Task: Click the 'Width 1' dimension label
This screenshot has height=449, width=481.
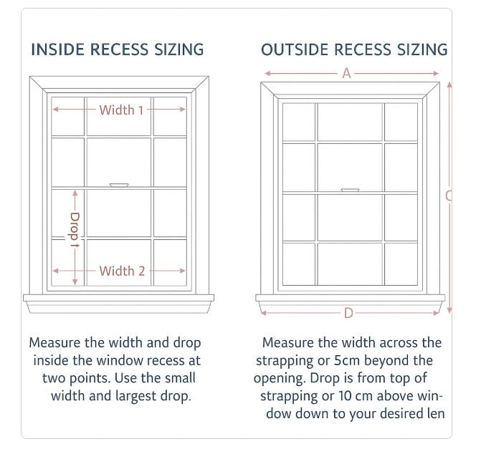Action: [121, 110]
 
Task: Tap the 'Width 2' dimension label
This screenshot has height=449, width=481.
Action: [122, 271]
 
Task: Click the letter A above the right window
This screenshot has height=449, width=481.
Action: [346, 73]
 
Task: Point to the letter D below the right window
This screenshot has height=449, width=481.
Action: [348, 313]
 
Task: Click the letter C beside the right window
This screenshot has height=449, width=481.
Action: [448, 195]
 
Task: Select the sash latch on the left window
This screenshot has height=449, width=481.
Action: [119, 185]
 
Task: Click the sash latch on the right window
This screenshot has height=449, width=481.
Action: [350, 190]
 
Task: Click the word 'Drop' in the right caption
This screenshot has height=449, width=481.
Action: [330, 378]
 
